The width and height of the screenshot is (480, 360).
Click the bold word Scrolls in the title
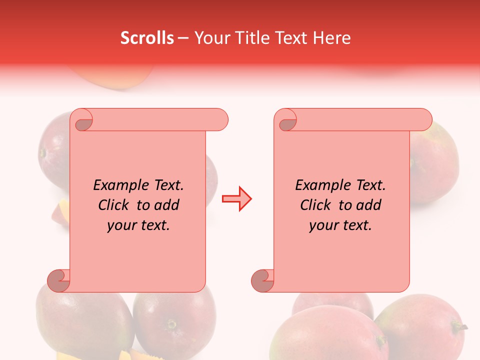pos(147,38)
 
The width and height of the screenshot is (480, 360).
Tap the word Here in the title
pos(332,38)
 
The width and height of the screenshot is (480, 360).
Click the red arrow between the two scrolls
pos(236,199)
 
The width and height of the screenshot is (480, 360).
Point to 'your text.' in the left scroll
pos(138,225)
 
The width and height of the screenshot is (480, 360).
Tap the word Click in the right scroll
pos(315,205)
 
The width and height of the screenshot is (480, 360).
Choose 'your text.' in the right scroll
pos(340,225)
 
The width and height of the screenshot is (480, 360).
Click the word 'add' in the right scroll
pos(368,205)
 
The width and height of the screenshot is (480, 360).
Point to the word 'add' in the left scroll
pos(166,205)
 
